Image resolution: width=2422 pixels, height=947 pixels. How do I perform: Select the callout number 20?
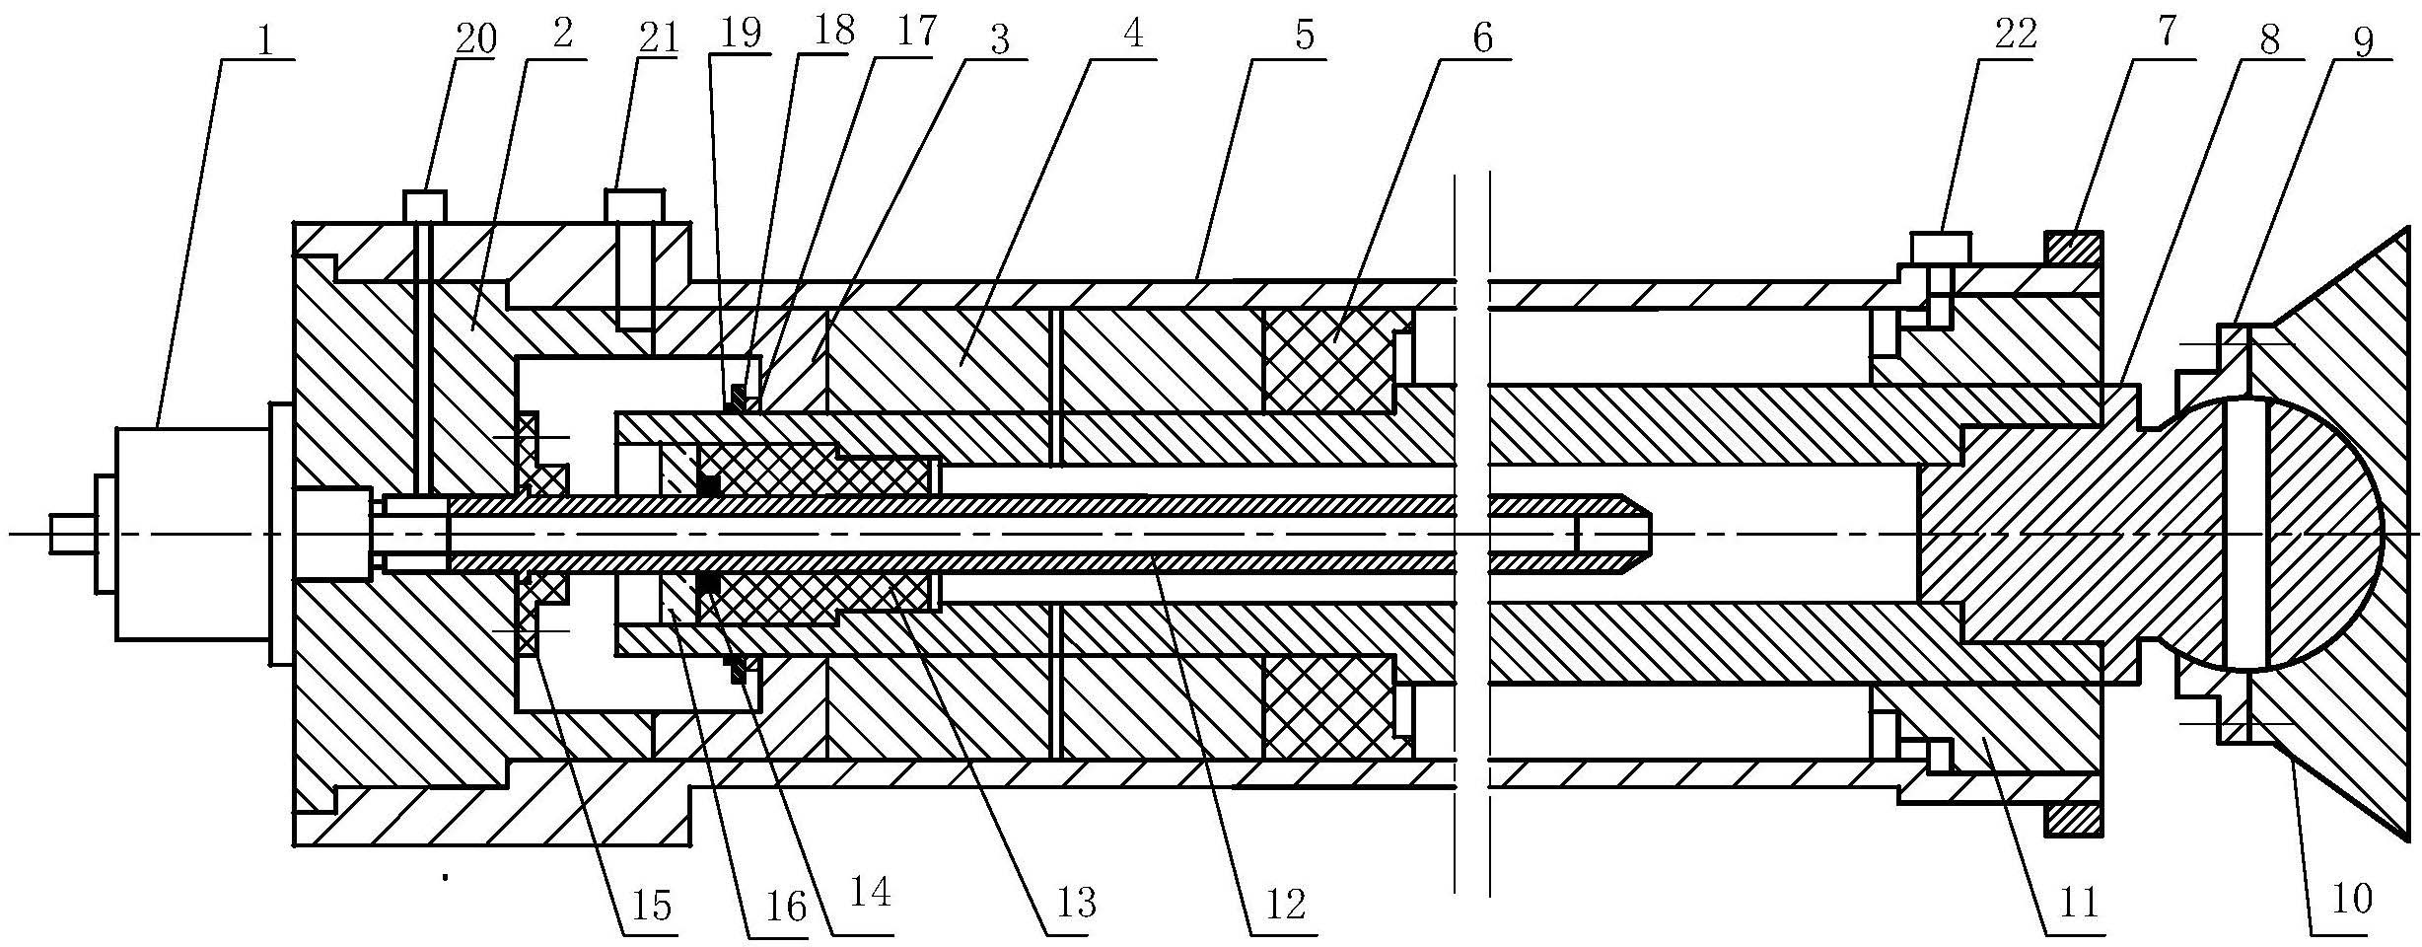475,39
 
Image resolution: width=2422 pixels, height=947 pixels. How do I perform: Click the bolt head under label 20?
424,205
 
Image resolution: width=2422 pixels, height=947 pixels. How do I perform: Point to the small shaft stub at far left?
74,534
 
